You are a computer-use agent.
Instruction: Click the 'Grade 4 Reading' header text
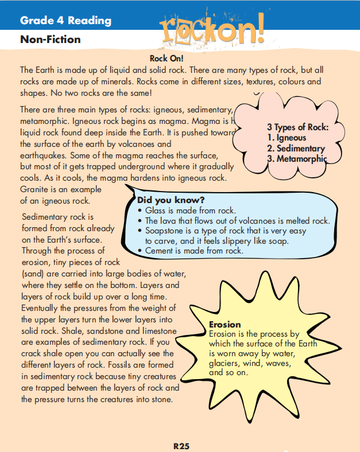65,21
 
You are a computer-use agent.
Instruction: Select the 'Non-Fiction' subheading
50,40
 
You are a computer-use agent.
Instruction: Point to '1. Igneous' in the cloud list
287,138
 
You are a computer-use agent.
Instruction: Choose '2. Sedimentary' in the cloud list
296,148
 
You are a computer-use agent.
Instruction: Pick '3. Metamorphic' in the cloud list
297,159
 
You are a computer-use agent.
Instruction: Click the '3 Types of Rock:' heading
297,127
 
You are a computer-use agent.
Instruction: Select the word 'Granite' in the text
34,189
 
